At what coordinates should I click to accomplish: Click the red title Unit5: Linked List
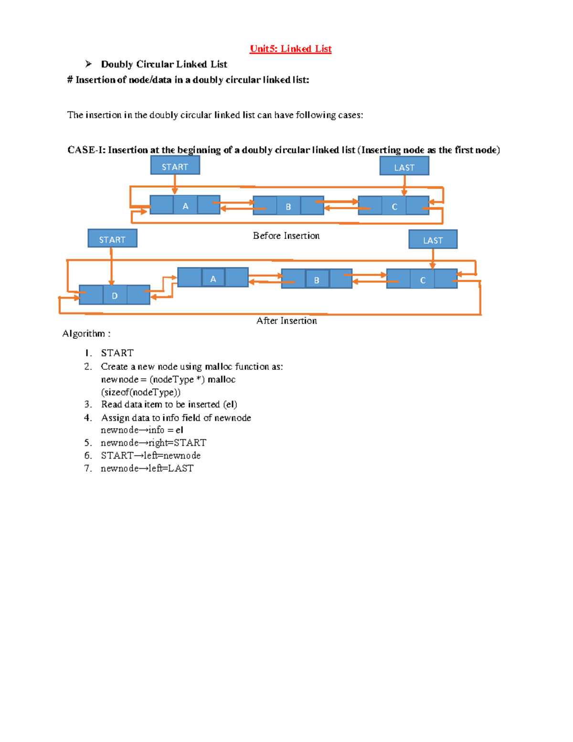pos(290,49)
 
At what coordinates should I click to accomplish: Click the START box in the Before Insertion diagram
pos(175,166)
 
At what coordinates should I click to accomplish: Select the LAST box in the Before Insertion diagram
pos(404,167)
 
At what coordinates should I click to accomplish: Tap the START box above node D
pos(112,239)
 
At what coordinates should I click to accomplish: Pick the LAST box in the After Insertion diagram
pos(433,240)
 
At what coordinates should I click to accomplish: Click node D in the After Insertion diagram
pos(115,295)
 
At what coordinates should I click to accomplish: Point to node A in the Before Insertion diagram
pos(185,205)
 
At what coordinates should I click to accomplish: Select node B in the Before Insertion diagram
pos(288,206)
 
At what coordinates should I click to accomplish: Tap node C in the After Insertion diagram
pos(422,280)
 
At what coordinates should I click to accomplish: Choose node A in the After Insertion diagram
pos(213,278)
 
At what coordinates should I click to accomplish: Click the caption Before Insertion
pos(286,236)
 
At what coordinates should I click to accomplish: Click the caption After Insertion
pos(286,321)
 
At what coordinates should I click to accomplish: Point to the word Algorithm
pos(84,333)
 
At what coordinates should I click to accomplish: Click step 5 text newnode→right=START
pos(153,442)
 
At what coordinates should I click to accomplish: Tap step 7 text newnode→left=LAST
pos(147,468)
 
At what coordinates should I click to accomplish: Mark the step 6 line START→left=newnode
pos(150,455)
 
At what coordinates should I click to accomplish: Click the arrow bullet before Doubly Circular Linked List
pos(88,64)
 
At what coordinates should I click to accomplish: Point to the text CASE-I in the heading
pos(86,150)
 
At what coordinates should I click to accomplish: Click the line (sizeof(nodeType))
pos(141,392)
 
